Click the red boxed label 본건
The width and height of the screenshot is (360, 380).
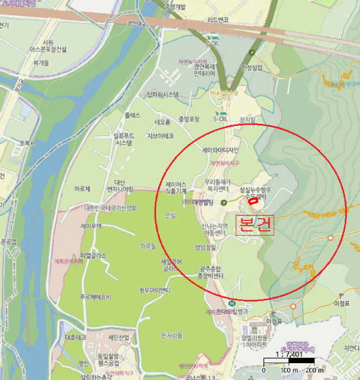coord(254,224)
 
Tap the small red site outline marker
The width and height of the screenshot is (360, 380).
coord(253,200)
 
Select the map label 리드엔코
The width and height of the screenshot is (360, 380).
coord(218,20)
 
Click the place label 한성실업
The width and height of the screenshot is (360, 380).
coord(251,67)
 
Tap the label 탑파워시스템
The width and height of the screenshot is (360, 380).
coord(162,95)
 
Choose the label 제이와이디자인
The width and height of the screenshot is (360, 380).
coord(220,150)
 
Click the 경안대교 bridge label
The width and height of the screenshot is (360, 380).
coord(137,24)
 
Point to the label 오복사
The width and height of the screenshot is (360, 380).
coord(27,144)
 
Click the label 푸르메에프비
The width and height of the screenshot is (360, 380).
coord(96,296)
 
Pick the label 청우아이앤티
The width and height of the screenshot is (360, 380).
coord(155,290)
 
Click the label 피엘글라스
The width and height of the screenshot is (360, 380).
coord(93,255)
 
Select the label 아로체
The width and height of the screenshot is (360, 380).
coord(82,189)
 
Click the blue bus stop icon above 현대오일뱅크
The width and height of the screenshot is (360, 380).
coord(232,303)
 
